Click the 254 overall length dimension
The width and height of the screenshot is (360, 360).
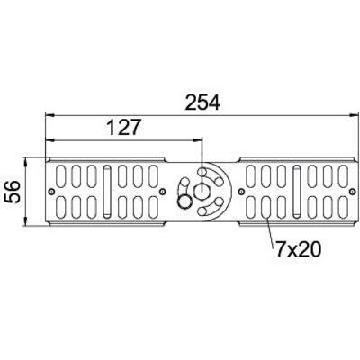pos(202,103)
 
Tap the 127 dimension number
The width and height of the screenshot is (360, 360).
pos(123,127)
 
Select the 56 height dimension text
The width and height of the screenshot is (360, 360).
pos(13,192)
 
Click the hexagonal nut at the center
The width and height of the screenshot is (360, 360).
pos(202,191)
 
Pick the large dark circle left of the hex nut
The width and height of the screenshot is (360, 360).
pos(184,202)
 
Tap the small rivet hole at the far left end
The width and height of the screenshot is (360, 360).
pos(51,192)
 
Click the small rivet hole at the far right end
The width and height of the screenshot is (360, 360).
pos(353,192)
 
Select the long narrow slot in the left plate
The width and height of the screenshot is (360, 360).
pos(106,192)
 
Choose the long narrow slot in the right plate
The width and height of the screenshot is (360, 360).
pos(297,191)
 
